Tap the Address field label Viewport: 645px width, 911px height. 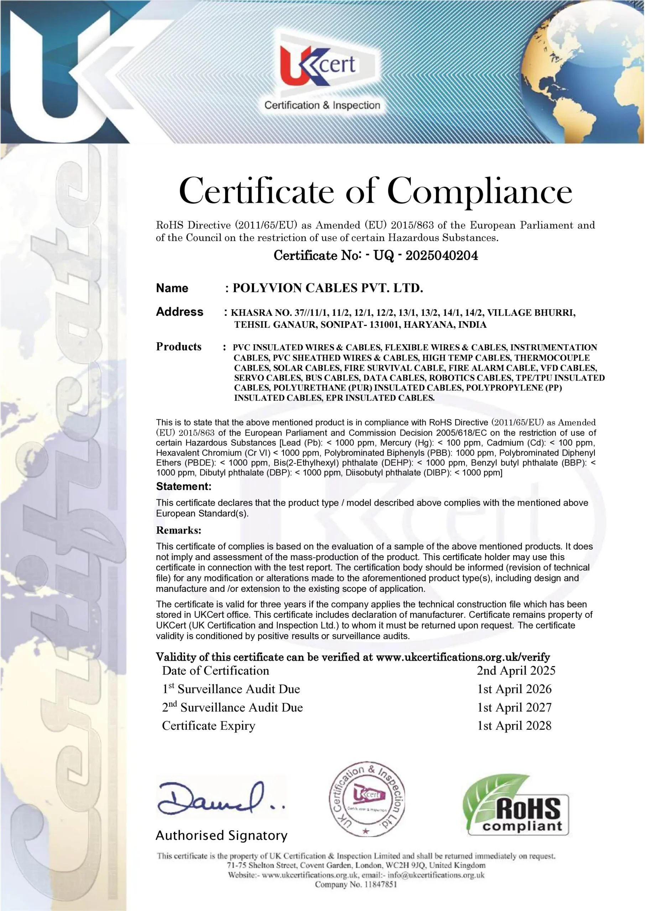point(180,312)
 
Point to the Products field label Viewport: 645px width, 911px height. point(179,347)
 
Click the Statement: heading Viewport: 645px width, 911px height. point(183,486)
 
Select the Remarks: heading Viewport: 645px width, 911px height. point(179,530)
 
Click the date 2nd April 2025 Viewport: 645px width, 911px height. point(516,670)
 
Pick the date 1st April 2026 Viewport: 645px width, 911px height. point(514,689)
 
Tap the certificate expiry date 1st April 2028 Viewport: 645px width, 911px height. point(514,725)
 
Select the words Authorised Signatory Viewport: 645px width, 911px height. point(222,836)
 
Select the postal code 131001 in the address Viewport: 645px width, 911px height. point(384,325)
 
